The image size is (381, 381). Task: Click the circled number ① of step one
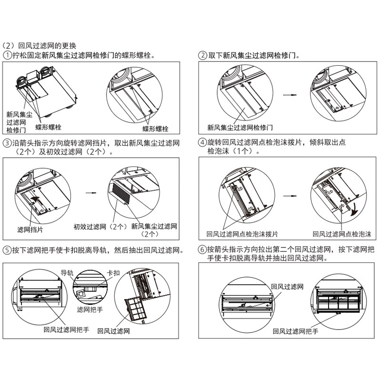pyautogui.click(x=8, y=55)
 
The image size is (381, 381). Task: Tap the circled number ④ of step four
pyautogui.click(x=202, y=142)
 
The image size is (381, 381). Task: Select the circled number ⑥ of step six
pyautogui.click(x=202, y=250)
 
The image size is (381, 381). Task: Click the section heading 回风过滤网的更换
pyautogui.click(x=47, y=46)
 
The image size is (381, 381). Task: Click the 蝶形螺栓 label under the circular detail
pyautogui.click(x=155, y=129)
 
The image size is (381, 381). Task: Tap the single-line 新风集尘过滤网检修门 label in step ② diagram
pyautogui.click(x=240, y=128)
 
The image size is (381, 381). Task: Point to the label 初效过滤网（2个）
pyautogui.click(x=99, y=227)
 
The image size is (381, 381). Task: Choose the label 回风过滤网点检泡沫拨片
pyautogui.click(x=242, y=234)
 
